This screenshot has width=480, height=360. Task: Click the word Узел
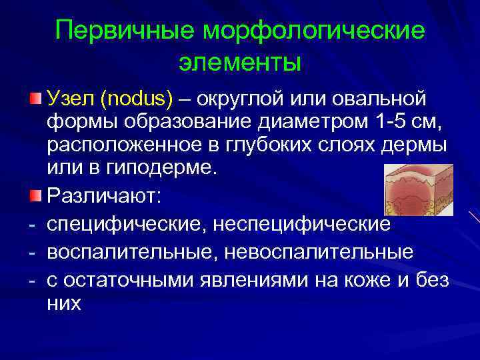click(71, 99)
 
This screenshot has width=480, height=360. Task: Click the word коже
click(362, 281)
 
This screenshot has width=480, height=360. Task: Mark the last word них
click(64, 304)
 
